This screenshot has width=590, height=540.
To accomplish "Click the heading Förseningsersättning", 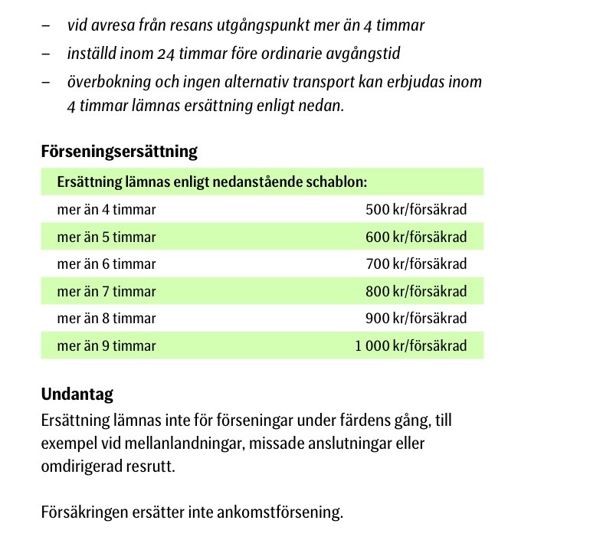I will tap(119, 152).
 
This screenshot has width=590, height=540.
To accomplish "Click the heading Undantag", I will tap(77, 394).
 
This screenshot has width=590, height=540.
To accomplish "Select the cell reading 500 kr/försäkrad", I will tap(416, 210).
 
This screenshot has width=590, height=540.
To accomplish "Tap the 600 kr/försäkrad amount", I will tap(416, 237).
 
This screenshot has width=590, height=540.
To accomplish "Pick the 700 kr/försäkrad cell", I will tap(416, 264).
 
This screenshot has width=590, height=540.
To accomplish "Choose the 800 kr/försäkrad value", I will tap(416, 292).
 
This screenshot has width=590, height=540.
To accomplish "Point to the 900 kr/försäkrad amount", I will tap(416, 319).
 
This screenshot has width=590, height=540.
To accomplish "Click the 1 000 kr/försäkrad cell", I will tap(411, 346).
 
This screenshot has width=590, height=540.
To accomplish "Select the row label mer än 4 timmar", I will tap(107, 210).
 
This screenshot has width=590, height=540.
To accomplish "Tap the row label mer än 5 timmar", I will tap(107, 237).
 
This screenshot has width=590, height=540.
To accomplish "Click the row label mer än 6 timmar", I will tap(107, 264).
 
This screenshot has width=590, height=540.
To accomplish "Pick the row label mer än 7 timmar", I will tap(107, 292).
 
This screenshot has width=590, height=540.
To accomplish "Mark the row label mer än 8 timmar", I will tap(107, 319).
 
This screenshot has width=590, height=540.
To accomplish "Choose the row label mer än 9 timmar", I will tap(107, 346).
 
